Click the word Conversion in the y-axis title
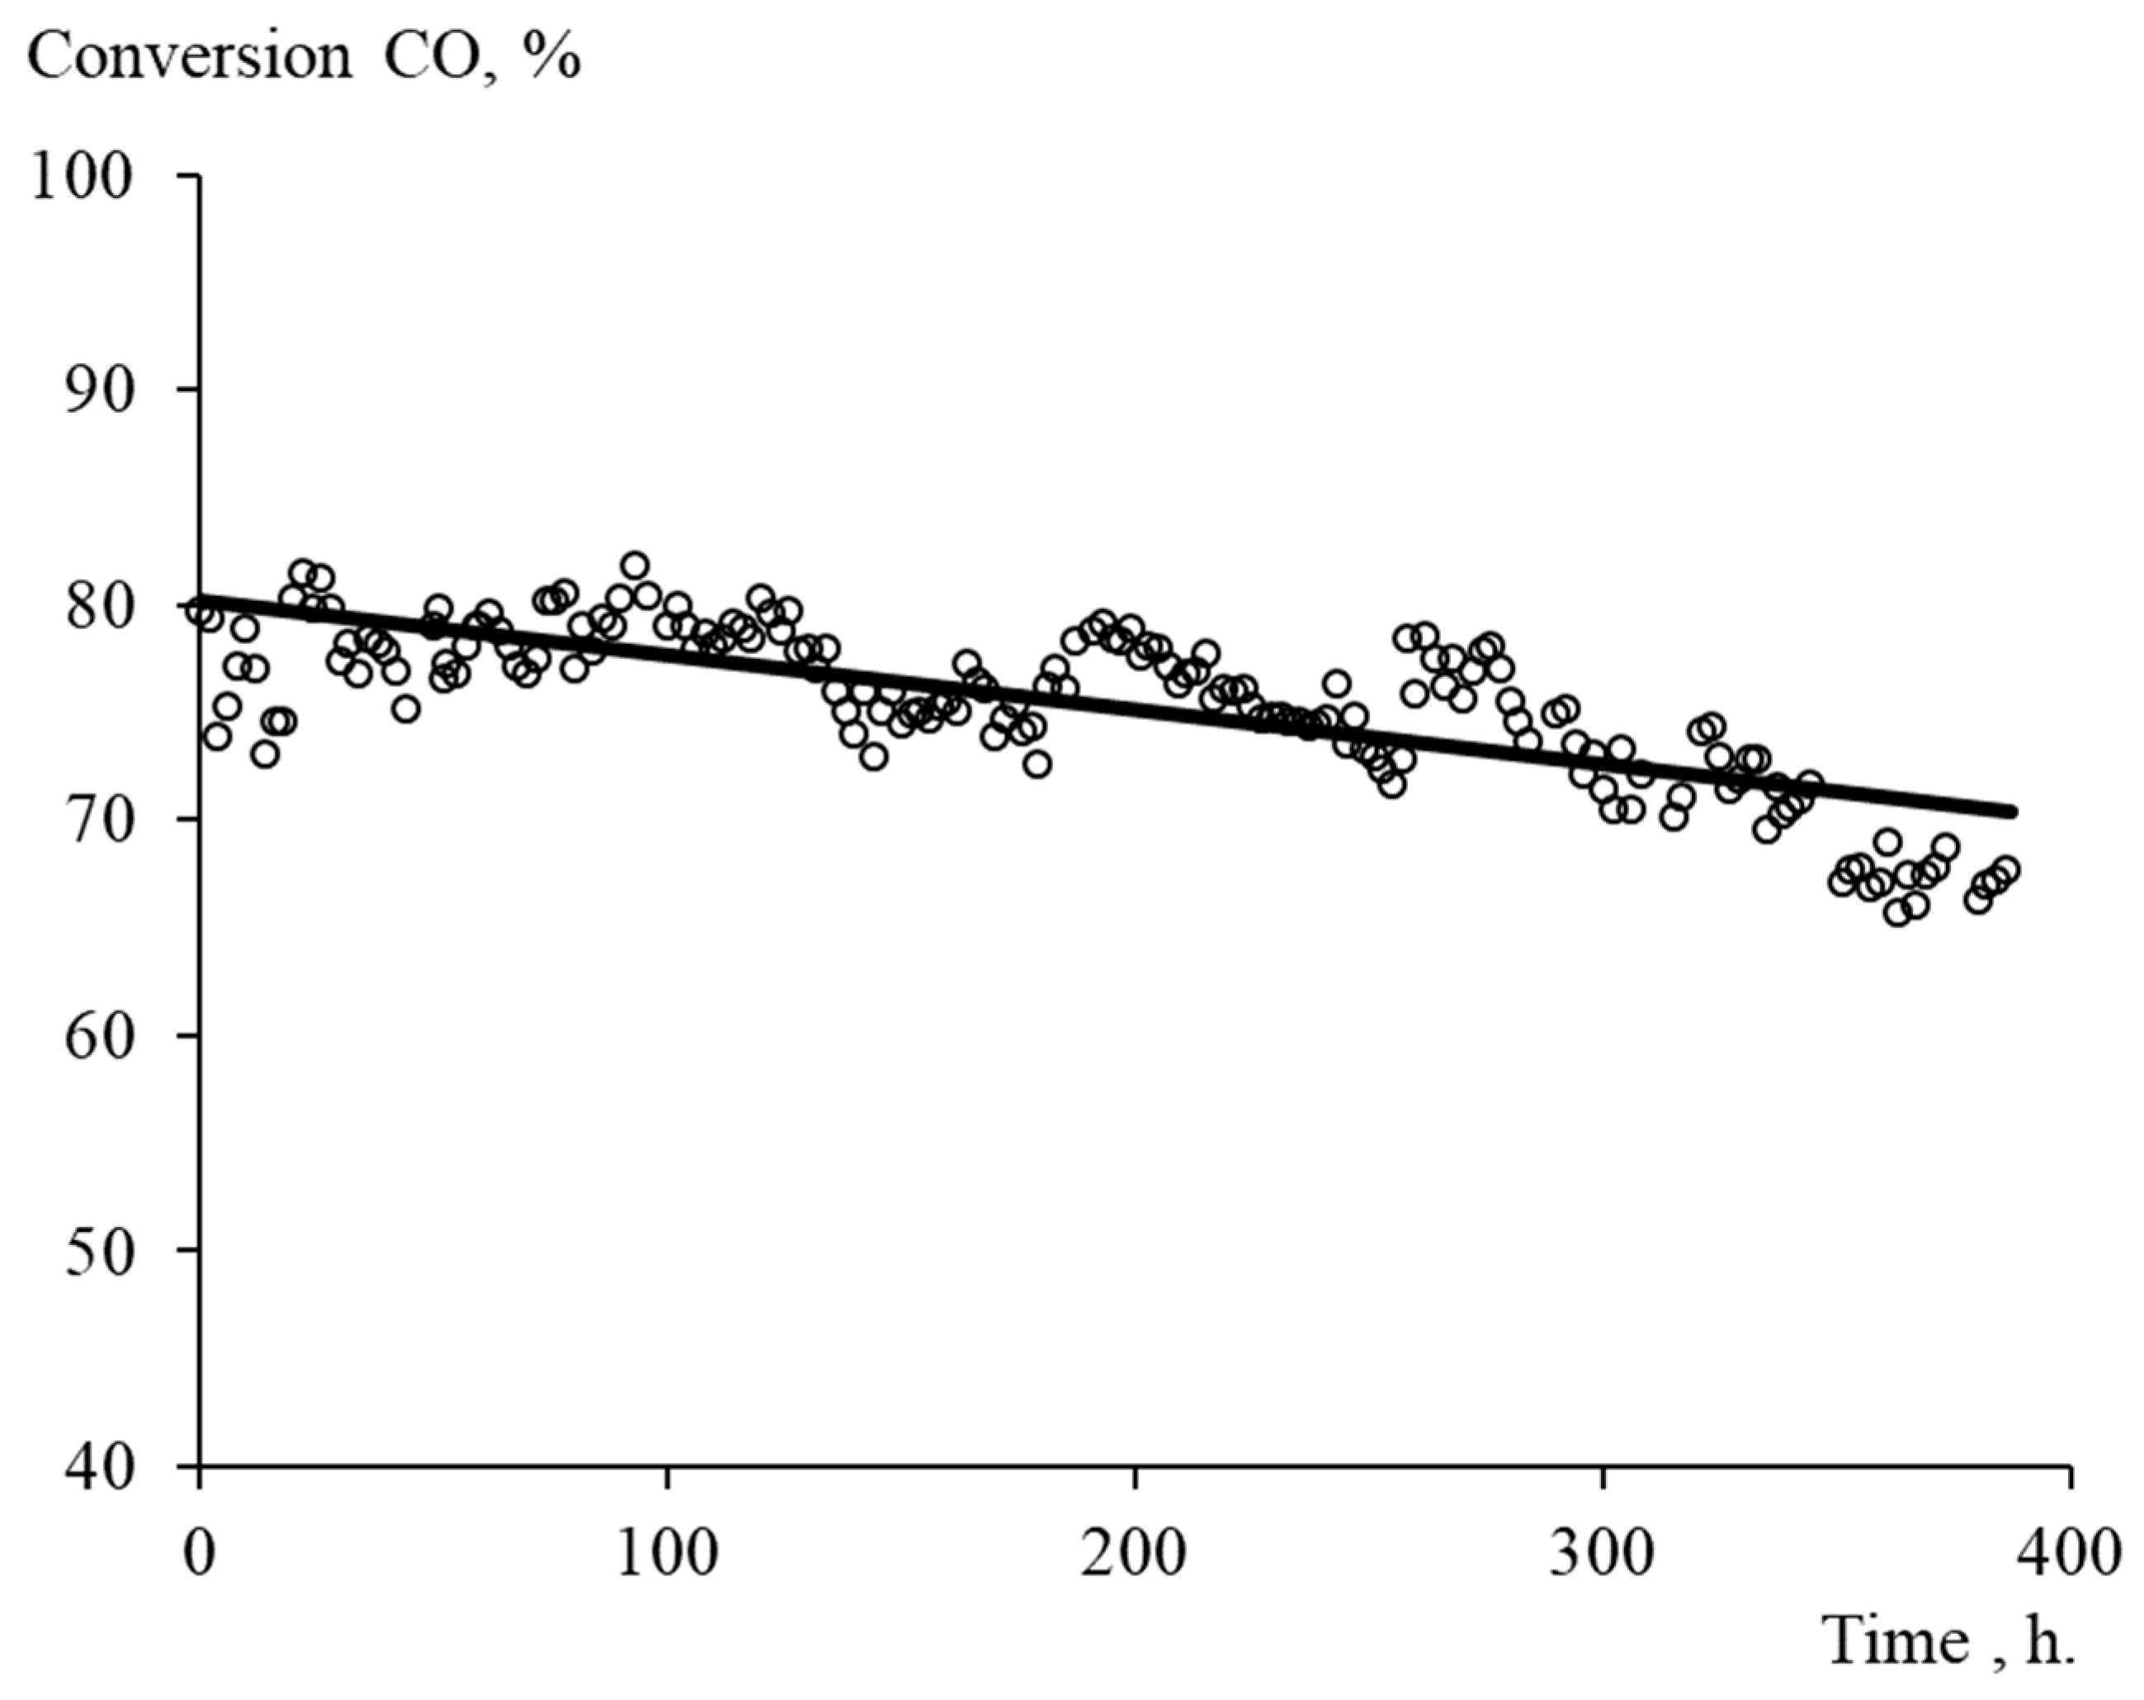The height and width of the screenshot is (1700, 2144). [189, 58]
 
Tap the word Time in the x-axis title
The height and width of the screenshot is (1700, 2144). [1897, 1641]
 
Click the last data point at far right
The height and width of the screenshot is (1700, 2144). [2006, 869]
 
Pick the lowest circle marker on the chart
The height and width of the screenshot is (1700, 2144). [1897, 913]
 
